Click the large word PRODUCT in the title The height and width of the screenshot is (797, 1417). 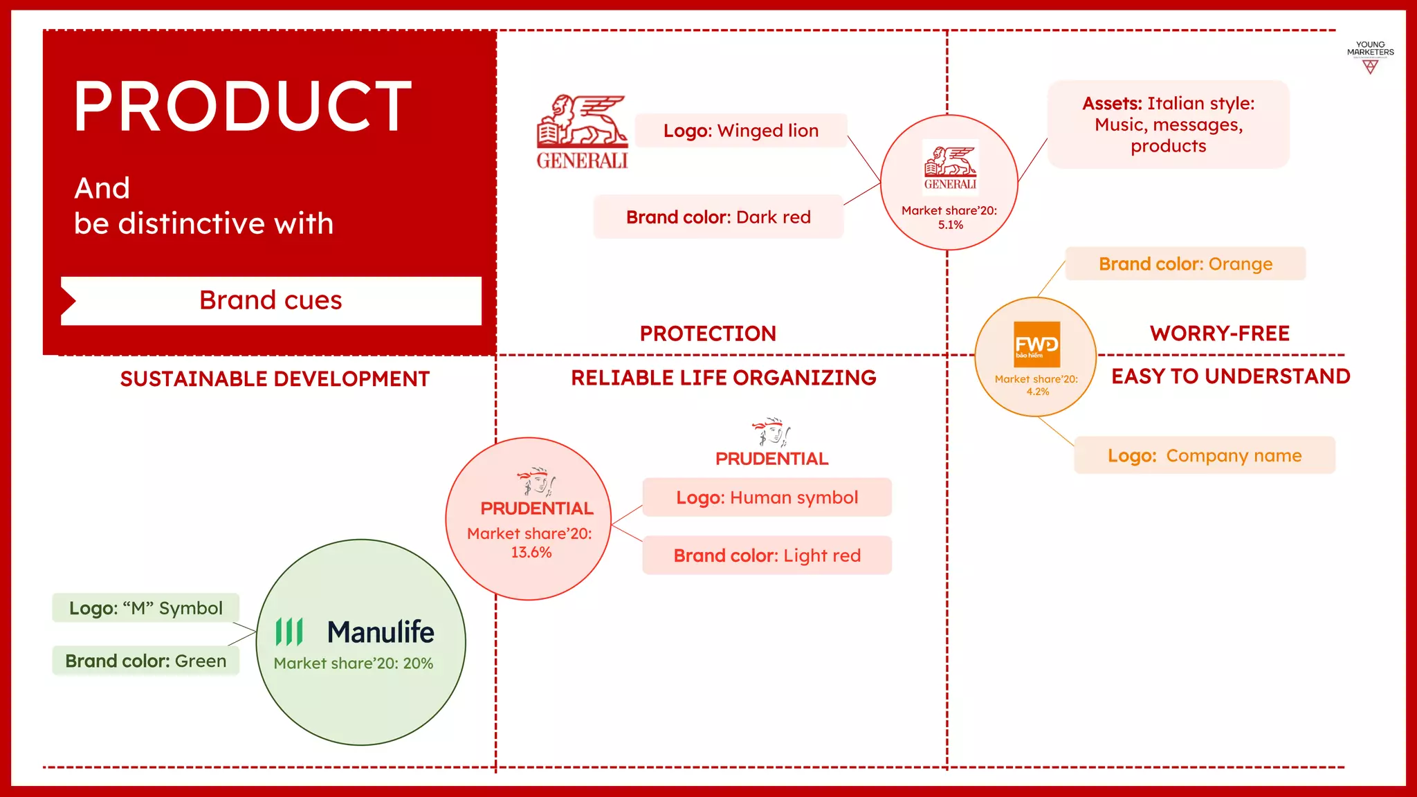[242, 107]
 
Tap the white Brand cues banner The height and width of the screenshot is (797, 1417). [271, 301]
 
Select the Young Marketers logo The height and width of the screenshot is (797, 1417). [1370, 57]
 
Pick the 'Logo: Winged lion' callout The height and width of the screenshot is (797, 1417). [740, 131]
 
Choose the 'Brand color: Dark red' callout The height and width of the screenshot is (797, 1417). [718, 217]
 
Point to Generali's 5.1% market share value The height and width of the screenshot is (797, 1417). [950, 225]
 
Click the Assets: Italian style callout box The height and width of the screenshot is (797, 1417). [1168, 125]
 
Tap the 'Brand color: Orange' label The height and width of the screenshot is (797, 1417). [1185, 264]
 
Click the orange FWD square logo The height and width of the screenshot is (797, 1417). [1036, 345]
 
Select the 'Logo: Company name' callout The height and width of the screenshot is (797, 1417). [1204, 456]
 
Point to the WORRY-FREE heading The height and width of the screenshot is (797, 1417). [1219, 333]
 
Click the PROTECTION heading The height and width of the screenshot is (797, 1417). [708, 333]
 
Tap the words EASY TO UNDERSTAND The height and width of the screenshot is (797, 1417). [1230, 376]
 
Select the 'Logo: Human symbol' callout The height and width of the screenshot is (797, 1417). [767, 497]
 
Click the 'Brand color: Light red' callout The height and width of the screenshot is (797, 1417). [767, 556]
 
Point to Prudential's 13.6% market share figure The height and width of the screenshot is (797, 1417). [531, 553]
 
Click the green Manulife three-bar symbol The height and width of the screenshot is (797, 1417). [289, 632]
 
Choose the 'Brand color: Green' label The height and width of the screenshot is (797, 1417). [145, 661]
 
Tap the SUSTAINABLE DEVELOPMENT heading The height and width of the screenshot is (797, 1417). [275, 379]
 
